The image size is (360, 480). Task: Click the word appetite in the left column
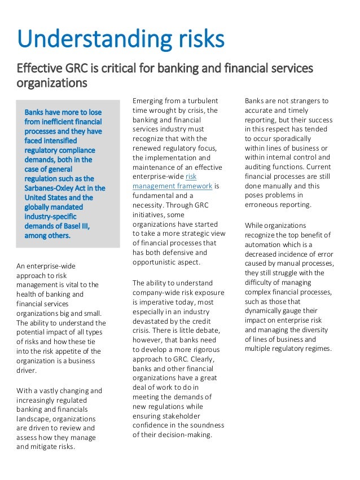(77, 352)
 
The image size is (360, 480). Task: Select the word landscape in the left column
(33, 419)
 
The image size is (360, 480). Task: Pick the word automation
(265, 244)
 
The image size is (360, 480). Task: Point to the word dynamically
(268, 311)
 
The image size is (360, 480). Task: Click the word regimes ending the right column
(317, 349)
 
